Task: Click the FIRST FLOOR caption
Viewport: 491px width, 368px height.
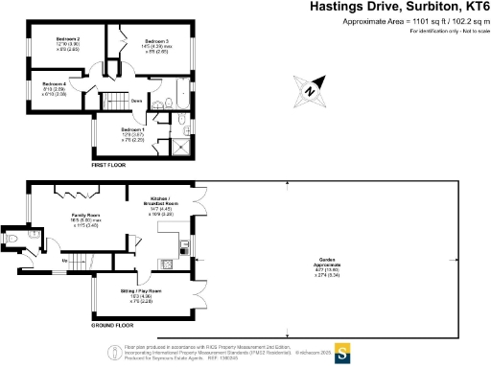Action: tap(108, 166)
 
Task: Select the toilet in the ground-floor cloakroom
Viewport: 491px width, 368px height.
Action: tap(13, 237)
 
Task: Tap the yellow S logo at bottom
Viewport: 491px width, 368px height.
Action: tap(339, 350)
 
